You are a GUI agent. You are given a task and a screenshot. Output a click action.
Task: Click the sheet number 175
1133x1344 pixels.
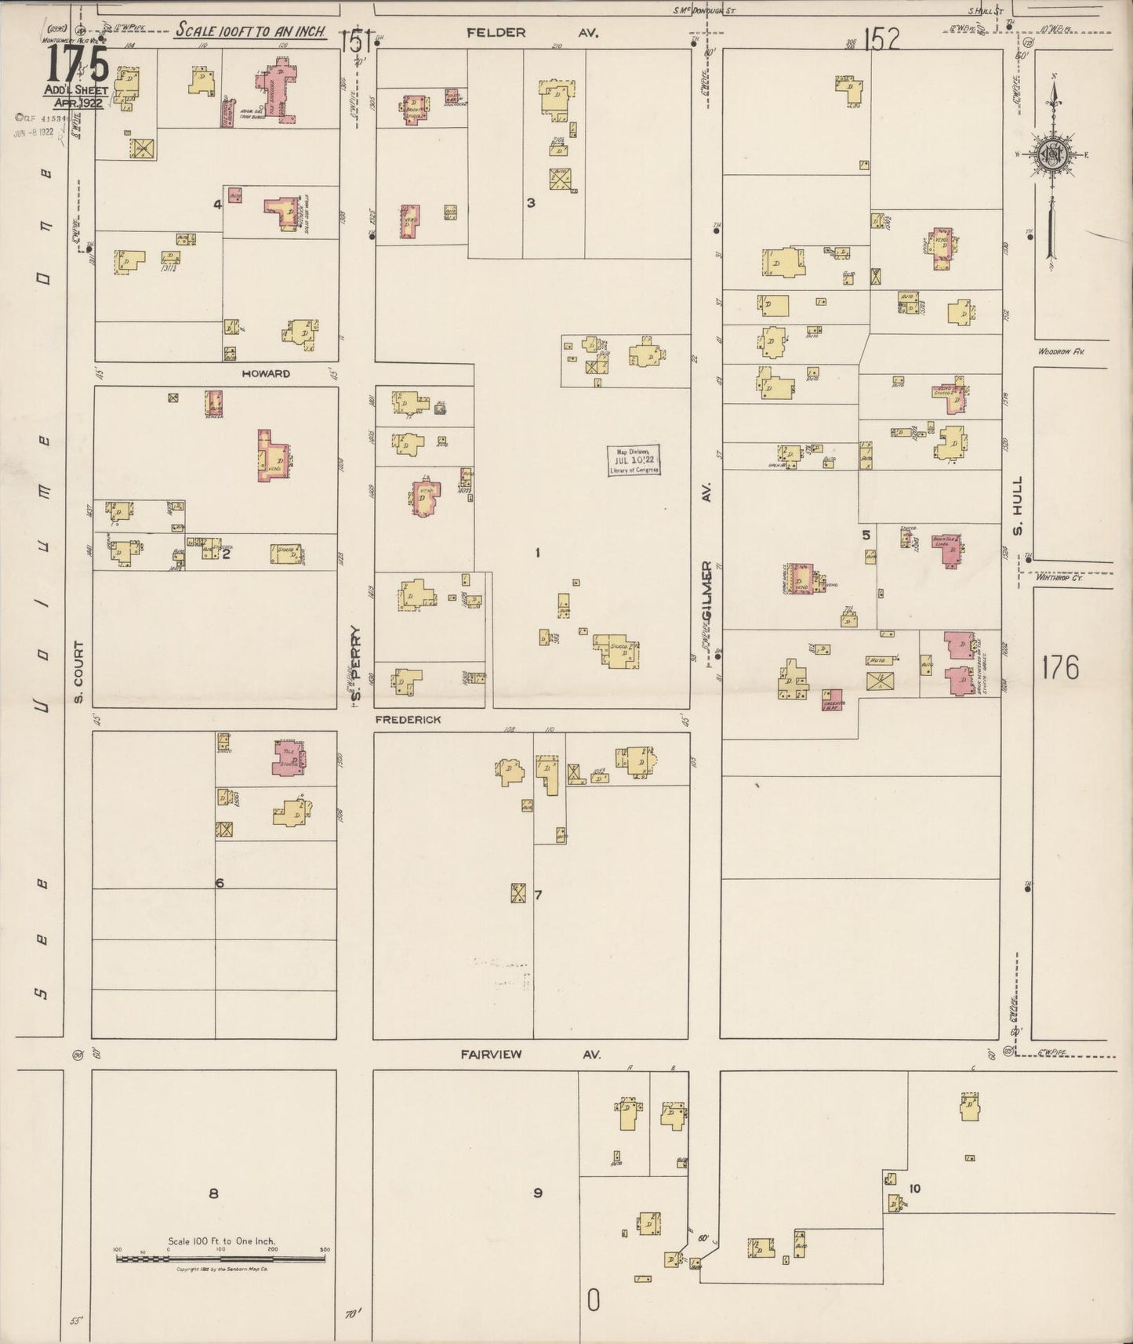click(x=77, y=64)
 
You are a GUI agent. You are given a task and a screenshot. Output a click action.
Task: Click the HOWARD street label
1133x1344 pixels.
click(x=266, y=374)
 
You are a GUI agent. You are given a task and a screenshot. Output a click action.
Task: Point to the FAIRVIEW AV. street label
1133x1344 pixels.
click(x=530, y=1055)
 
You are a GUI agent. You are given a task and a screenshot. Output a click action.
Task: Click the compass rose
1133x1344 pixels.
click(x=1051, y=154)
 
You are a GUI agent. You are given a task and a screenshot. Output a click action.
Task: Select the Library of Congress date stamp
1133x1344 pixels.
click(x=634, y=460)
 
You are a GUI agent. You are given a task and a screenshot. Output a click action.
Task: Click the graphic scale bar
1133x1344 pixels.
click(x=220, y=1259)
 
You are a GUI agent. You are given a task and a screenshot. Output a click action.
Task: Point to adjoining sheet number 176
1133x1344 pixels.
click(x=1060, y=667)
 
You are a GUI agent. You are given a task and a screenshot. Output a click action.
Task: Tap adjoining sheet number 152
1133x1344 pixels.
click(x=882, y=38)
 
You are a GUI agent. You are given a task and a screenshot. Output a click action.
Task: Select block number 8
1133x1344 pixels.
click(x=212, y=1193)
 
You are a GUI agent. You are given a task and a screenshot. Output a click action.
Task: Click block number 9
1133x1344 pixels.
click(x=538, y=1193)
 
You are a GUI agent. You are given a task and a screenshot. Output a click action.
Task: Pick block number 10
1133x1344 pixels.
click(x=914, y=1189)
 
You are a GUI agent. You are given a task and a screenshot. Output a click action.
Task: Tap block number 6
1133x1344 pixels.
click(x=220, y=883)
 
